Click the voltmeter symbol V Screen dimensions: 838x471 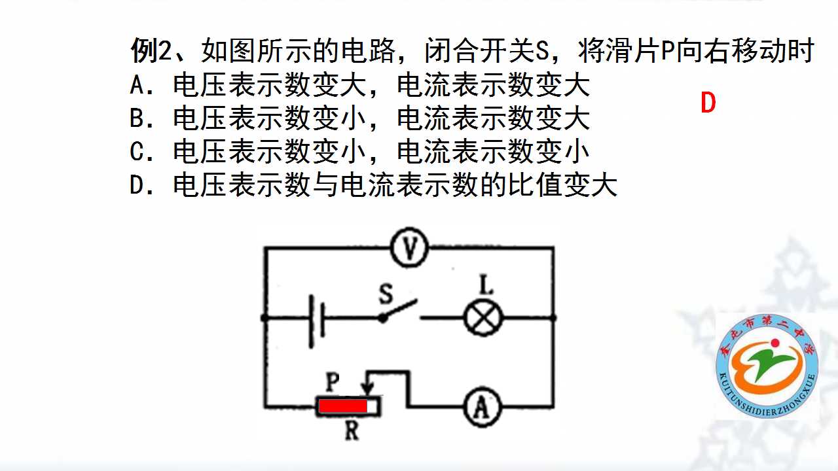[409, 247]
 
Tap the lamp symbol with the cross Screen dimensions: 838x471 [483, 318]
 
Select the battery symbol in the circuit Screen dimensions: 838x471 [317, 321]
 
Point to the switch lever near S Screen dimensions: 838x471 [399, 310]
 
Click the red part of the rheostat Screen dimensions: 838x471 [342, 406]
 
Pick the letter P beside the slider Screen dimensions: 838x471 [332, 382]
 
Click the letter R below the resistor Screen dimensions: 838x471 [352, 430]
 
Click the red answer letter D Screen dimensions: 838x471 [708, 103]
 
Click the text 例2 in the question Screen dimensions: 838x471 [151, 51]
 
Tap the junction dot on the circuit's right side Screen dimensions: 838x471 [553, 318]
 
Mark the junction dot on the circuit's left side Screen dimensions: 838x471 [264, 318]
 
